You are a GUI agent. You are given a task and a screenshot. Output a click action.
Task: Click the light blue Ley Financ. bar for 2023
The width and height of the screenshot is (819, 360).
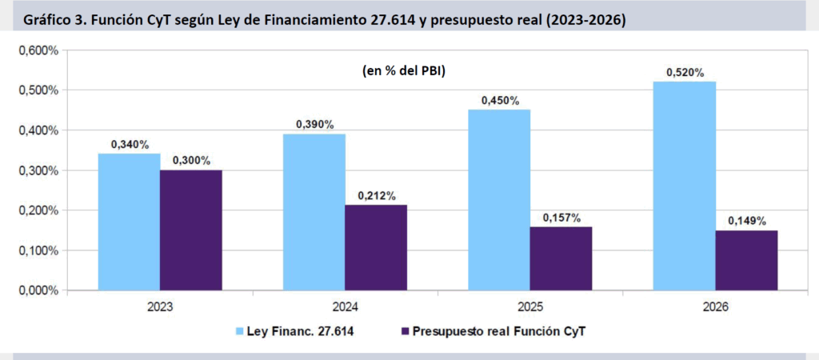click(129, 222)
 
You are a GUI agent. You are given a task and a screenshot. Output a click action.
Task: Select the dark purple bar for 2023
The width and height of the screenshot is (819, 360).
click(191, 230)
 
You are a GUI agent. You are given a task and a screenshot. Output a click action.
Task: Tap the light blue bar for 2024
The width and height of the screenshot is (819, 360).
click(314, 212)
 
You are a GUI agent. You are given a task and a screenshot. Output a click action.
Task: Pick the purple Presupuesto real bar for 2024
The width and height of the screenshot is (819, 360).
click(376, 247)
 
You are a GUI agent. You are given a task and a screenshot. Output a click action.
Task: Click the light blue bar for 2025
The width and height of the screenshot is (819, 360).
click(499, 200)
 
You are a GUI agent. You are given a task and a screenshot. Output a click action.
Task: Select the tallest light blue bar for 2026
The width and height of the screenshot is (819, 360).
click(685, 186)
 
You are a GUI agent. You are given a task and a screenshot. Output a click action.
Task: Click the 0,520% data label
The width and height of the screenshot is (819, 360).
click(685, 73)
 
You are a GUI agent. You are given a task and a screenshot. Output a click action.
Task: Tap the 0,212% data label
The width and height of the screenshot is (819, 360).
click(376, 196)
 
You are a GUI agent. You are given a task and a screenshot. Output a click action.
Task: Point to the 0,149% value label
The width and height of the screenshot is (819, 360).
click(747, 221)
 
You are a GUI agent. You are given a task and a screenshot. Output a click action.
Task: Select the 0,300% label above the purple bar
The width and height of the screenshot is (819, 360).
click(191, 161)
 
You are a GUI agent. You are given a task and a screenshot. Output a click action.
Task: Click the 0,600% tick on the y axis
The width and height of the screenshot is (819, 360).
click(38, 50)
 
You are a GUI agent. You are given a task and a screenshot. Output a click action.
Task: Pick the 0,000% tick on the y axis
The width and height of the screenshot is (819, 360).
click(38, 290)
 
